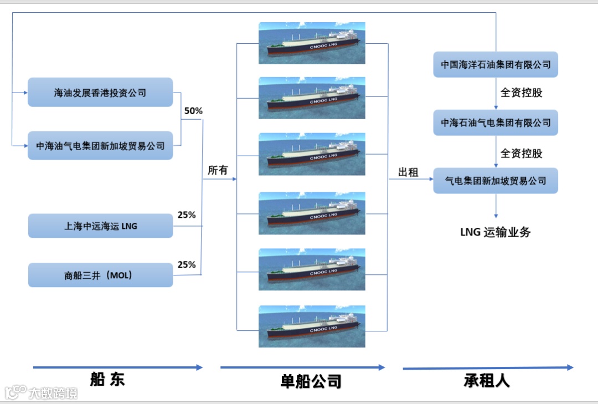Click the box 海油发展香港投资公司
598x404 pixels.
pos(100,93)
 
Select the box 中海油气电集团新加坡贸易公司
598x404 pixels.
pos(100,146)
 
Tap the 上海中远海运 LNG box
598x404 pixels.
pos(100,226)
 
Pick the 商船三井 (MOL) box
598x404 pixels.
pos(100,275)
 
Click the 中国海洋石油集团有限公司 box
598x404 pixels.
pos(496,65)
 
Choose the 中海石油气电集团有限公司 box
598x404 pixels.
pos(496,122)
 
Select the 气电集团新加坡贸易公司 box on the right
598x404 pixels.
pos(496,181)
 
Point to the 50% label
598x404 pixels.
pos(193,111)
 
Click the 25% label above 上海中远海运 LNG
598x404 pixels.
pos(187,215)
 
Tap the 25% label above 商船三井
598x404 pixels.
pos(187,265)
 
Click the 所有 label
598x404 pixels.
pos(218,171)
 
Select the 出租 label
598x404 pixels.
pos(408,173)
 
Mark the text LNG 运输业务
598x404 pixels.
pos(495,232)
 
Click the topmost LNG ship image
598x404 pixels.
pos(312,43)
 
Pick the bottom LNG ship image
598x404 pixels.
pos(312,326)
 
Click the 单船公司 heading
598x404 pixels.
pos(310,381)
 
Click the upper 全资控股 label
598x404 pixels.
pos(521,93)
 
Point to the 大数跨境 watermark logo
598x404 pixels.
pos(41,393)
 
